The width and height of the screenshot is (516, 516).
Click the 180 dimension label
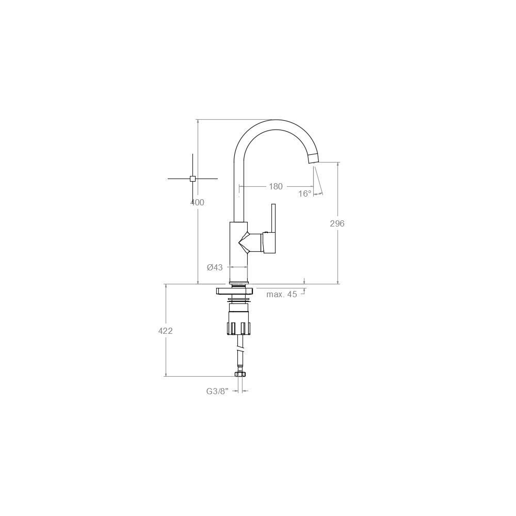click(x=276, y=187)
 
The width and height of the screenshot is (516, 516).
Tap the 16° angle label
click(x=305, y=193)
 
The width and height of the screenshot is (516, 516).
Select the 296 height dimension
click(x=337, y=223)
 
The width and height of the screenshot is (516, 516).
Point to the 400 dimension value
click(x=197, y=202)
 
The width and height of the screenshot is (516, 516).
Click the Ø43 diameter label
click(x=215, y=267)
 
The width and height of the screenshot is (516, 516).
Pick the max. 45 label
click(x=282, y=294)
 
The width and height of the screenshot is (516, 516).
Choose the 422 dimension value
click(x=165, y=331)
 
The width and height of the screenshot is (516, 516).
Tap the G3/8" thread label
click(x=217, y=391)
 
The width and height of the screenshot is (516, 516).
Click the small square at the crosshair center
click(x=193, y=179)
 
